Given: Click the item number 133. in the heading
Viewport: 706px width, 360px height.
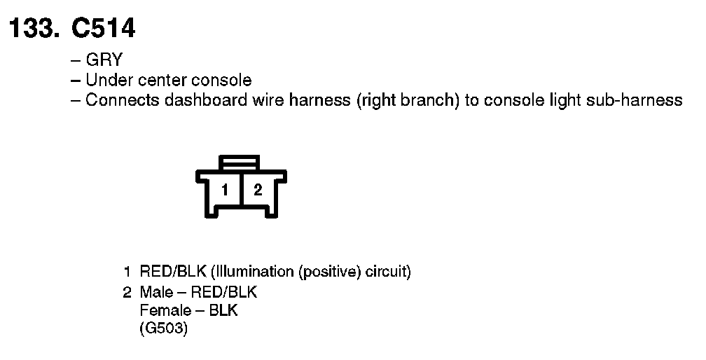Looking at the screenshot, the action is [x=34, y=29].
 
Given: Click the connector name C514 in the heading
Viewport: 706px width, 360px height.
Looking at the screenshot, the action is [x=103, y=29].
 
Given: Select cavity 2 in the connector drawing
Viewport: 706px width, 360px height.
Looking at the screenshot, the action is [x=258, y=190].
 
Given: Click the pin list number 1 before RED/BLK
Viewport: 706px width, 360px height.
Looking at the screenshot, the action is [x=127, y=272].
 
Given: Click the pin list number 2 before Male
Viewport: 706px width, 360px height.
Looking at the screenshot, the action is [x=127, y=291].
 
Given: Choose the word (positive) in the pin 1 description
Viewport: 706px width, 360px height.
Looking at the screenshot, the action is [x=331, y=272].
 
